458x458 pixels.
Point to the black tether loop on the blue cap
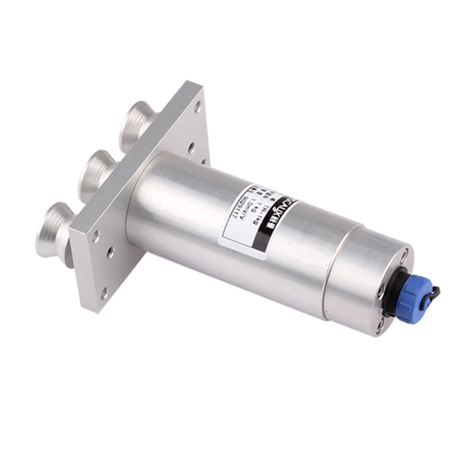pos(433,292)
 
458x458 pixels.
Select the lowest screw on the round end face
pos(380,326)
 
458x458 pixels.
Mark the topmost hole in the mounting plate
pos(198,106)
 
